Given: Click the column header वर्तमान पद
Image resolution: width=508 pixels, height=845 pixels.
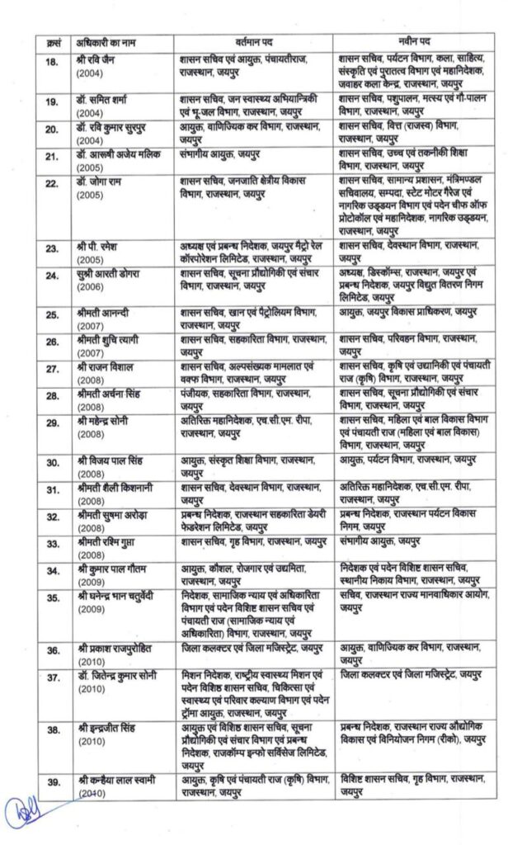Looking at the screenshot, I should click(x=255, y=41).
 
